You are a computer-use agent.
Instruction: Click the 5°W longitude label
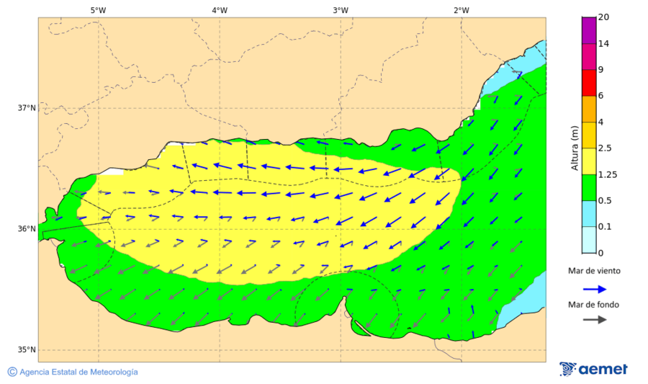pos(98,10)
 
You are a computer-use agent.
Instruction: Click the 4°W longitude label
pos(219,10)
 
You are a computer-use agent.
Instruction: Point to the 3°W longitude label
pos(340,10)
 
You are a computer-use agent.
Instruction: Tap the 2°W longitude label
pos(461,10)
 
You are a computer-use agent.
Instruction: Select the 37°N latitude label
pos(27,108)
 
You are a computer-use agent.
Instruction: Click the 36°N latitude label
pos(27,229)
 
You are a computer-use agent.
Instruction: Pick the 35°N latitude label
pos(27,350)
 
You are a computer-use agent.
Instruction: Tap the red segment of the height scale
pos(589,82)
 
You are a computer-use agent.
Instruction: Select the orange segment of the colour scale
pos(589,109)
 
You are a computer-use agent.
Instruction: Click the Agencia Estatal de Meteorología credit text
pos(78,372)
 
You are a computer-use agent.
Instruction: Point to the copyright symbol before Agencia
pos(12,372)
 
